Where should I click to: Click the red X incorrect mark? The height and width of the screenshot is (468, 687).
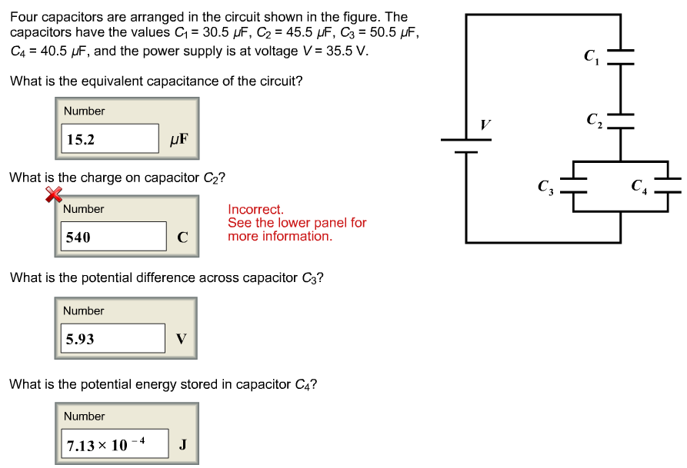(53, 195)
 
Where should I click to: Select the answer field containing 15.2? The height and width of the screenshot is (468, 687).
(110, 139)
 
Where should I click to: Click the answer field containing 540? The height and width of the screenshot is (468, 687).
(114, 237)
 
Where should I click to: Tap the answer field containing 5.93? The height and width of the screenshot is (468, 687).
(112, 339)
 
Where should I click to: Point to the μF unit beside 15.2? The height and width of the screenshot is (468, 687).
(178, 140)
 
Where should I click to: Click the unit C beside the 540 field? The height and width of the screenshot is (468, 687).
(182, 237)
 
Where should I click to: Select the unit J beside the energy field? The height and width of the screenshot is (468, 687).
(182, 444)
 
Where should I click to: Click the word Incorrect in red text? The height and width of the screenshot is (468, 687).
(255, 209)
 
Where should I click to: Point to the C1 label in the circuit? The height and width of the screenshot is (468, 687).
(590, 55)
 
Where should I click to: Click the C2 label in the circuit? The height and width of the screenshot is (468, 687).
(593, 119)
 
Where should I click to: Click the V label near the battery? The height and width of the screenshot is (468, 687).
(485, 124)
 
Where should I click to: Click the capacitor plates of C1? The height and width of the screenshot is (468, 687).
(620, 56)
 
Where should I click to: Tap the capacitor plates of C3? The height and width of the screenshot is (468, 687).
(573, 184)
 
